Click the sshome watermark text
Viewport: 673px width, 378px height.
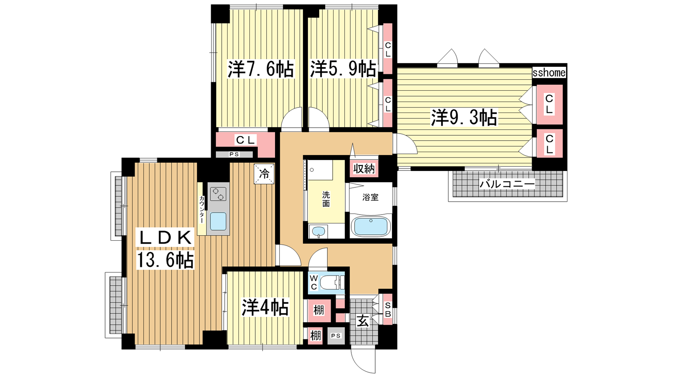point(549,73)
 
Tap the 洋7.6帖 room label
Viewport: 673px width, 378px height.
point(260,69)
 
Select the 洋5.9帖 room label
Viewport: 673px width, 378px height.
point(343,69)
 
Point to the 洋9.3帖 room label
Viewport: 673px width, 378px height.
point(464,117)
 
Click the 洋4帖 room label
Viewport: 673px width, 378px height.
point(265,307)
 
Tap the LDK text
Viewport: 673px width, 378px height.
point(165,238)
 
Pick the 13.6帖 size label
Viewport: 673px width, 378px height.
point(165,260)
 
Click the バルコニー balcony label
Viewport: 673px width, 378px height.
point(507,184)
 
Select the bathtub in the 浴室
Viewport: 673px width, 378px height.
point(371,226)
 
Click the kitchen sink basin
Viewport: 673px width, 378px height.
point(218,221)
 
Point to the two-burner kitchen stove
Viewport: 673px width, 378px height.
point(218,194)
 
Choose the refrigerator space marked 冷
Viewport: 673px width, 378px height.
point(264,174)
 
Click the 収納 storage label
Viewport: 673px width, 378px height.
point(364,169)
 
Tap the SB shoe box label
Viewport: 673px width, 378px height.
point(388,310)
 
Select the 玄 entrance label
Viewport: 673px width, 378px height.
point(363,322)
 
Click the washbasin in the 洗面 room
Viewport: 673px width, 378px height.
point(318,231)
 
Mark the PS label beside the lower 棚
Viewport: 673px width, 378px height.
point(336,336)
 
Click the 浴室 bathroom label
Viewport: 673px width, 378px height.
point(370,197)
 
